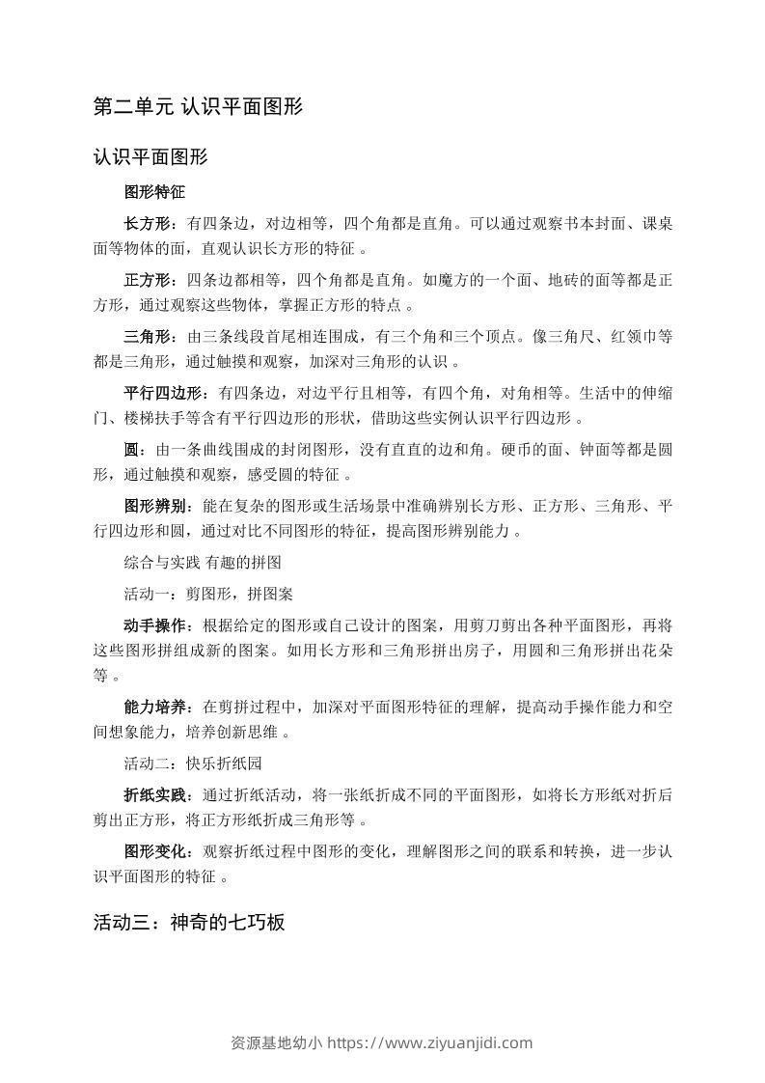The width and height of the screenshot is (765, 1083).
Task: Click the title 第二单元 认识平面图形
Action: coord(198,106)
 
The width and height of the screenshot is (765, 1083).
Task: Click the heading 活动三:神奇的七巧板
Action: coord(189,922)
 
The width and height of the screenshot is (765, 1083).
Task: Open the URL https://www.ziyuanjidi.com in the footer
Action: coord(430,1042)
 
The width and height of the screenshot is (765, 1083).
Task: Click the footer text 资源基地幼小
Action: coord(277,1042)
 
